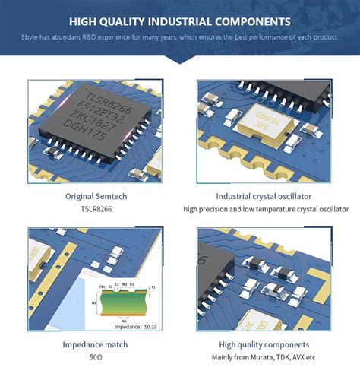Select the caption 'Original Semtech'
click(96, 195)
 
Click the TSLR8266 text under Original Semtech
click(96, 208)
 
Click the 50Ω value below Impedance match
click(96, 357)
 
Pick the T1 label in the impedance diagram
click(154, 287)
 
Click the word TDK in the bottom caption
click(286, 357)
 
